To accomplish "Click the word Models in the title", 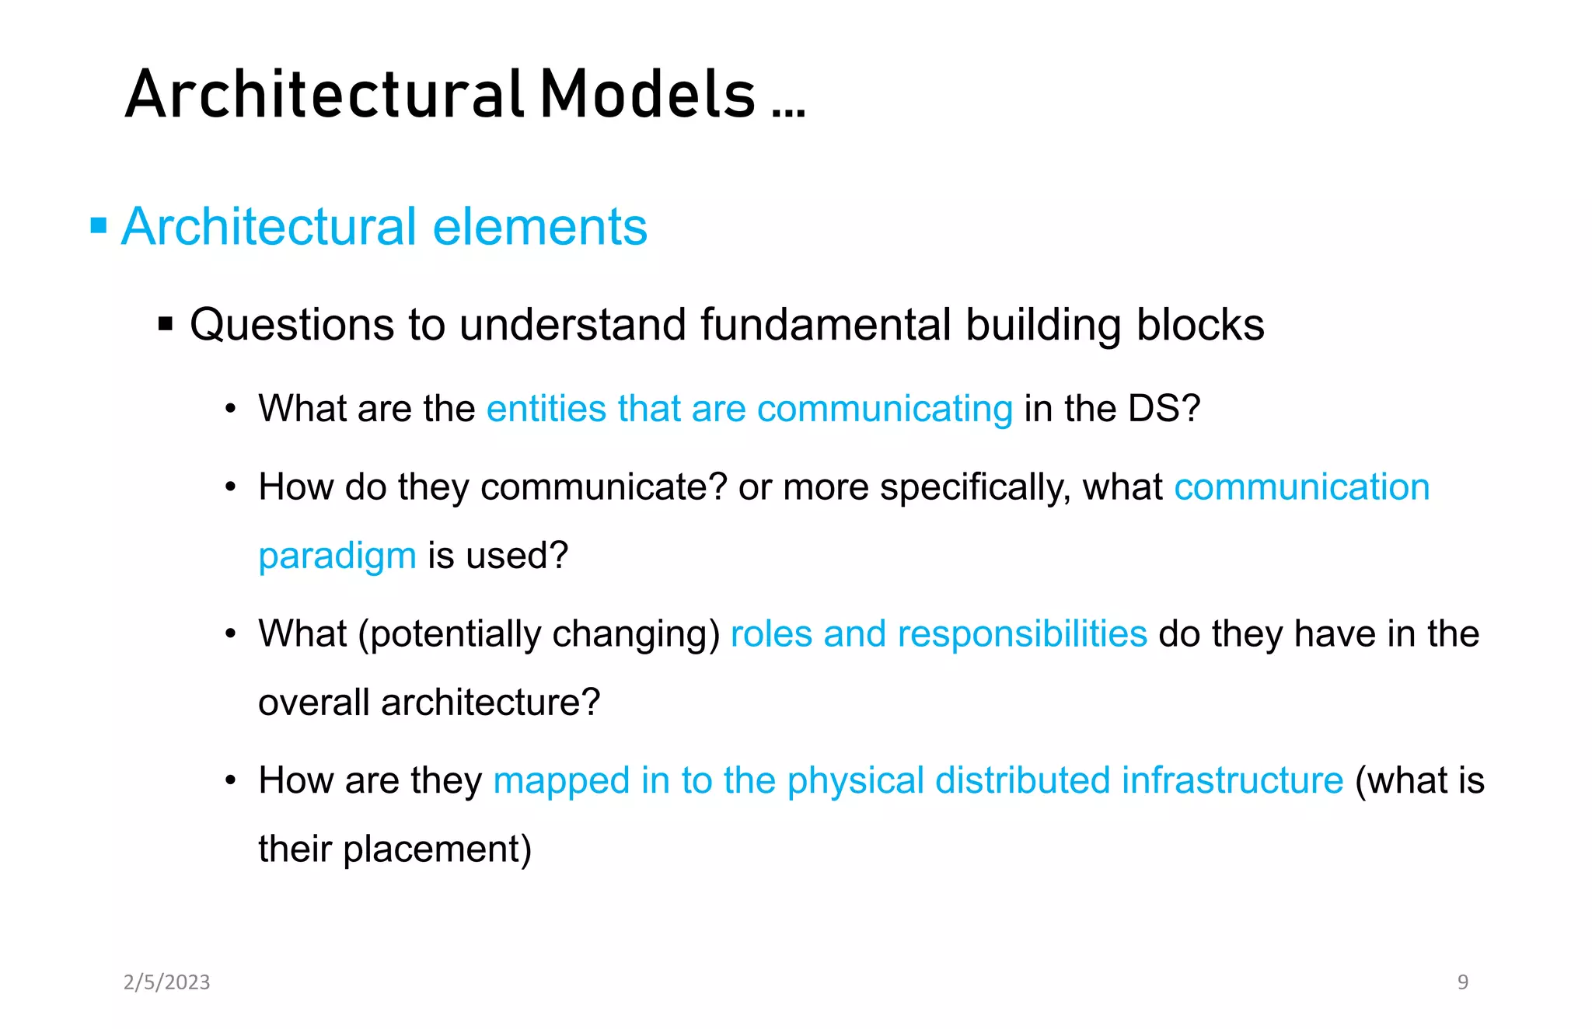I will pos(647,94).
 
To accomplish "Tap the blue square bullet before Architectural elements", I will pos(99,226).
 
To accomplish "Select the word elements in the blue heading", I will pos(539,227).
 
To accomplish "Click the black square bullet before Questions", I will pos(165,323).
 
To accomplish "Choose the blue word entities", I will pos(546,408).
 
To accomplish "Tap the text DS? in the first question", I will pos(1164,408).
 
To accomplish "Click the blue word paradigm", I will pos(337,556).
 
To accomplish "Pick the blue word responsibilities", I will pos(1022,633).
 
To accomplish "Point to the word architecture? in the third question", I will pos(491,703).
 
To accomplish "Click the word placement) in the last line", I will pos(437,849).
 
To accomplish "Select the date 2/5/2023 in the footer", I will pos(166,982).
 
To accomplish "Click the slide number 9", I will pos(1462,982).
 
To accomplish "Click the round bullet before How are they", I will pos(230,780).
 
